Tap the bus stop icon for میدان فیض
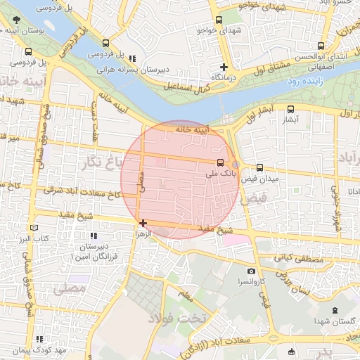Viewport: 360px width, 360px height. pos(260,168)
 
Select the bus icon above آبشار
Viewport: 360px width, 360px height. pos(290,109)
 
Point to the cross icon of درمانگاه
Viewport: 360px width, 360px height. pos(224,67)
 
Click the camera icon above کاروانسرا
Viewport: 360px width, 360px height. pos(251,271)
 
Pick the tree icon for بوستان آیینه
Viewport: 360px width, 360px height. pos(17,21)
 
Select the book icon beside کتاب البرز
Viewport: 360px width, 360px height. pos(34,229)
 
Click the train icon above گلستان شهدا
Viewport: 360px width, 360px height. pos(333,309)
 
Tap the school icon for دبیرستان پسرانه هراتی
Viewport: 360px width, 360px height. pos(132,58)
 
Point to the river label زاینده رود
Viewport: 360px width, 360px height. pos(304,82)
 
